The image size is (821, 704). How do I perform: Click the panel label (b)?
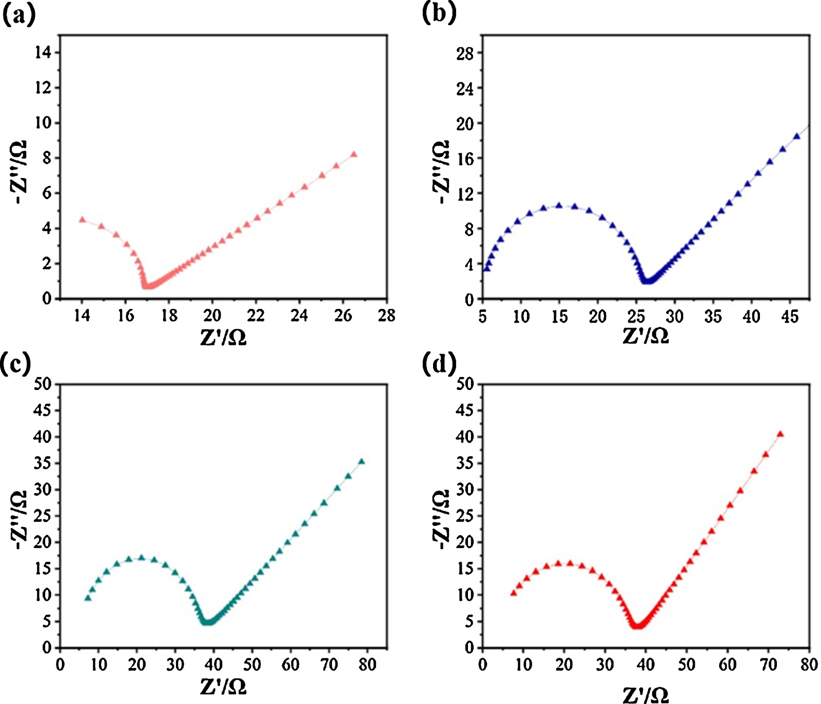(x=439, y=13)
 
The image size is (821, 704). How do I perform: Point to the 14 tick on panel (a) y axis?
(x=43, y=52)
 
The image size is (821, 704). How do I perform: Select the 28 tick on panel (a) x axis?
(x=386, y=315)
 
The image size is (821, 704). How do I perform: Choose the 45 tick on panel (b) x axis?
(x=790, y=316)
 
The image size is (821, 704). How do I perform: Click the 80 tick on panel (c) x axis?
(x=367, y=664)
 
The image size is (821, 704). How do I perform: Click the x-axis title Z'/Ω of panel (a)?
(x=223, y=337)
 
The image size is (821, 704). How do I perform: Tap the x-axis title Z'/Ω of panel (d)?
(x=646, y=694)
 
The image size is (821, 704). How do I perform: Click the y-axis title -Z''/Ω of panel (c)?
(x=19, y=519)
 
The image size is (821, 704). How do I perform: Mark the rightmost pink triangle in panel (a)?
(x=354, y=154)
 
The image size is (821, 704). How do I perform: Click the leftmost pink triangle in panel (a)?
(x=82, y=220)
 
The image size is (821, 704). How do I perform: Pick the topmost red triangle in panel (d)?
(x=780, y=434)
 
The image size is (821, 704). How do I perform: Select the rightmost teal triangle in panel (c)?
(x=362, y=461)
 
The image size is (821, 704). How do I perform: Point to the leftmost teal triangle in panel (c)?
(x=88, y=598)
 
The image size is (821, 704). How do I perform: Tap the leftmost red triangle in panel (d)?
(x=513, y=593)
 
